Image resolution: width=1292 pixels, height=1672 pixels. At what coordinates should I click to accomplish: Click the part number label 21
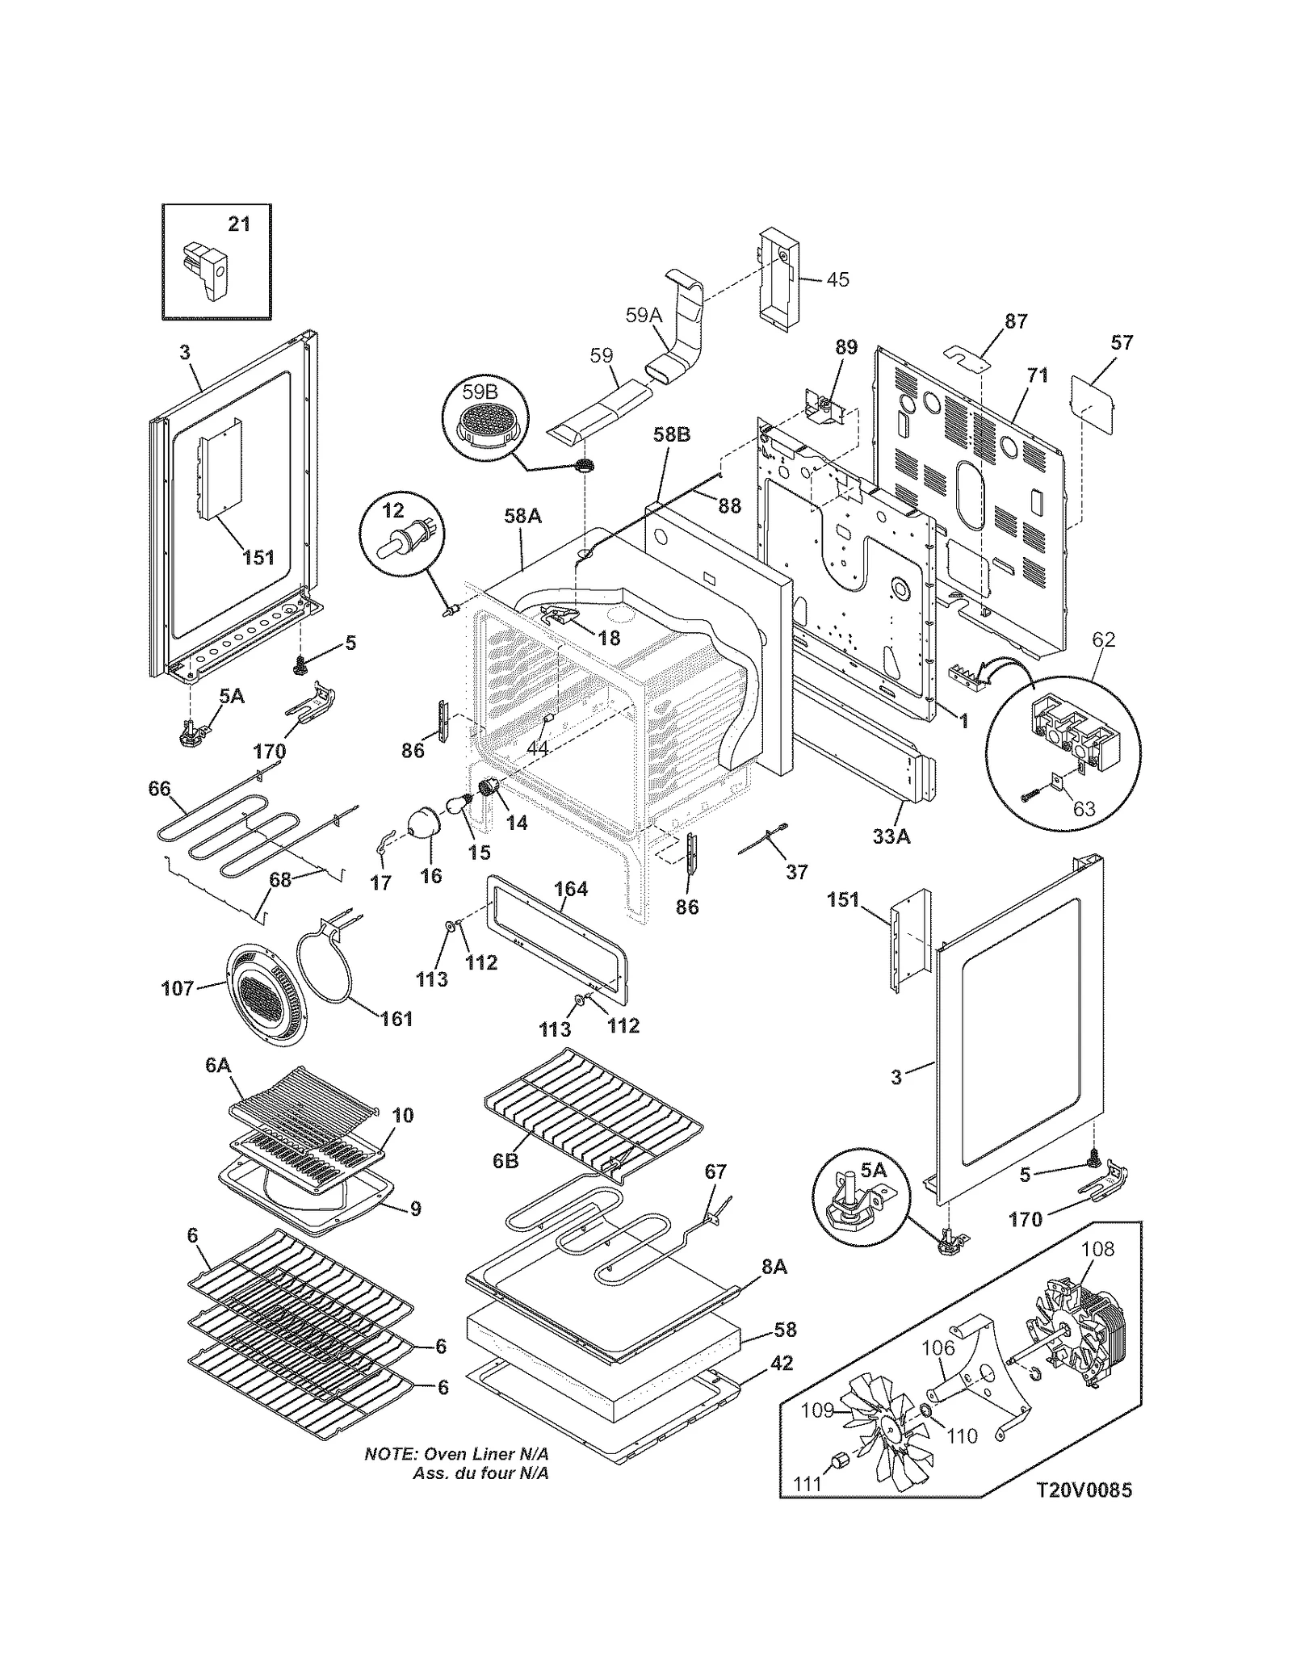239,224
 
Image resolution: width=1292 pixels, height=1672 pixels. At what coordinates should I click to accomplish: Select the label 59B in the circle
480,392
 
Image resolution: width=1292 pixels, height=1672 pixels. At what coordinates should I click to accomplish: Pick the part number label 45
837,279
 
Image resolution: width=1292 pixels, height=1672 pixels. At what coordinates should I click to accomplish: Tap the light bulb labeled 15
458,803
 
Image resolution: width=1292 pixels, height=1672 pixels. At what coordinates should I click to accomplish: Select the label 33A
891,836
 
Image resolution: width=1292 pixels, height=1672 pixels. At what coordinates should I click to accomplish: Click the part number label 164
570,889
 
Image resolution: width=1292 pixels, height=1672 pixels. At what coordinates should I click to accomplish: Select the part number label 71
1037,375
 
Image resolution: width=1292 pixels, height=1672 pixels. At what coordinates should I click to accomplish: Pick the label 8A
774,1267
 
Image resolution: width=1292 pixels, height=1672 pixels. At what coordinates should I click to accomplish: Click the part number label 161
396,1018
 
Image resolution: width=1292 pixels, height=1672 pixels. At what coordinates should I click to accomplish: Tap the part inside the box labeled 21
206,269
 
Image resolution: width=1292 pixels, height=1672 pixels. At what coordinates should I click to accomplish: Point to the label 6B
505,1160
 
